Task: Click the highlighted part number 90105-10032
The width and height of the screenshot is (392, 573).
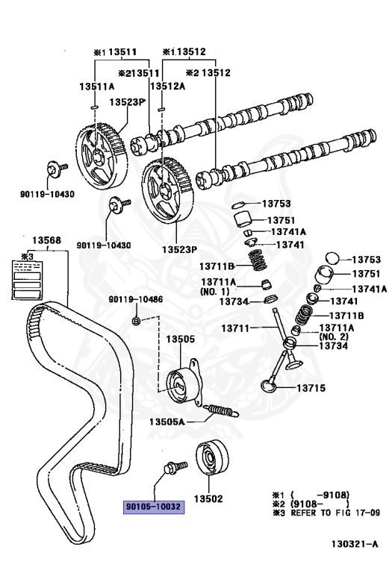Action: [x=154, y=507]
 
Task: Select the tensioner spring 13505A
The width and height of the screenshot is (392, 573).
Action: [x=221, y=411]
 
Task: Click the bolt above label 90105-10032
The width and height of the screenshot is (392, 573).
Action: [x=175, y=467]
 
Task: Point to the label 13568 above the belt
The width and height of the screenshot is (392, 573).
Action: [x=47, y=240]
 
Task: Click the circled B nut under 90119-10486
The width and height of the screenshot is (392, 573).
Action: [x=136, y=322]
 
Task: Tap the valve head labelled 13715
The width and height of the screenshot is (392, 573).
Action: [x=269, y=386]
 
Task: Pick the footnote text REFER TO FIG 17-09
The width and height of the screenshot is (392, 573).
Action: [x=335, y=513]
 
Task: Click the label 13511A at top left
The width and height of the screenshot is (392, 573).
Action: [x=97, y=87]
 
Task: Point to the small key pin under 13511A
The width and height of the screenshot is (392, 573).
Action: [x=93, y=107]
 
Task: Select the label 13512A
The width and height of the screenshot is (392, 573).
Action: [x=168, y=86]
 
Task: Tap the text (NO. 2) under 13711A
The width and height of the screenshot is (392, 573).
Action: [x=334, y=336]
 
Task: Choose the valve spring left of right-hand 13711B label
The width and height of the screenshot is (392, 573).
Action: [x=304, y=316]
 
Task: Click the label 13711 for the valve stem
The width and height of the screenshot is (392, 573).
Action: [x=235, y=328]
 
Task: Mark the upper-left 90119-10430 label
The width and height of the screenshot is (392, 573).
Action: [x=47, y=194]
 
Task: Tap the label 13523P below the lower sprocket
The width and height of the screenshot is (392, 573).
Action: [x=179, y=250]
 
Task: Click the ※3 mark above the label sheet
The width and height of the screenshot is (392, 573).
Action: [x=28, y=256]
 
